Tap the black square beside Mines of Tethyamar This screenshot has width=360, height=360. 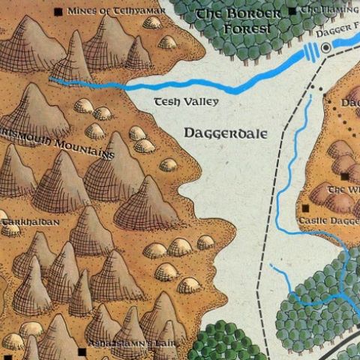click(x=60, y=11)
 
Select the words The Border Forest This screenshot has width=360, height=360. click(x=238, y=22)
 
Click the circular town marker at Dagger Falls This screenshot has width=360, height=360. click(x=326, y=48)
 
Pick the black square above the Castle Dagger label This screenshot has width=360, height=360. click(x=306, y=206)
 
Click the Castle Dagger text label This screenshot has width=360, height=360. click(x=328, y=221)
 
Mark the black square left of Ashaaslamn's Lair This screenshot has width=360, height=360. click(x=81, y=350)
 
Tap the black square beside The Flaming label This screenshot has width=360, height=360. click(x=292, y=11)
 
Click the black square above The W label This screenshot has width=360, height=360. click(x=344, y=176)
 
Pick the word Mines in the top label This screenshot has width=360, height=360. click(x=79, y=11)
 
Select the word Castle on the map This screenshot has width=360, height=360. click(x=314, y=221)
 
